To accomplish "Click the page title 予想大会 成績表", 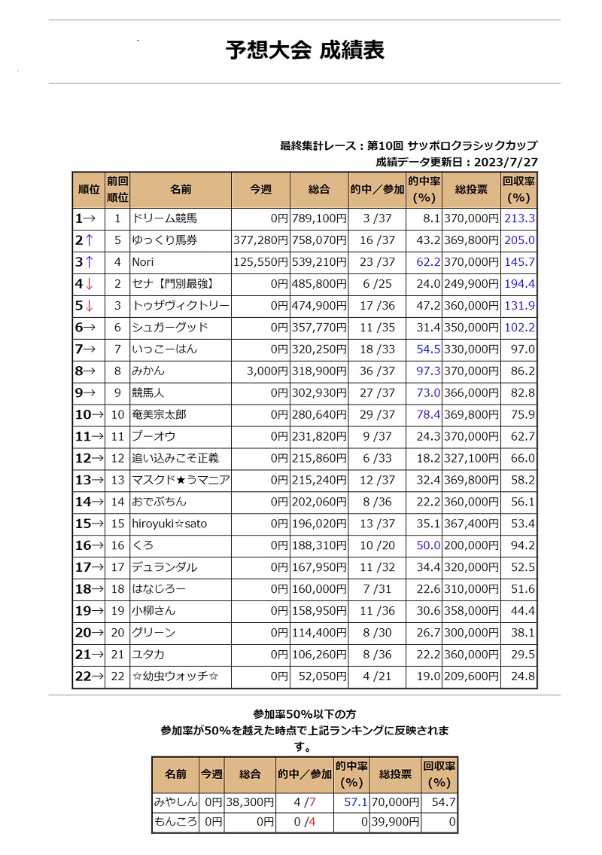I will [305, 50].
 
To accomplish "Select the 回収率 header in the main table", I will [518, 190].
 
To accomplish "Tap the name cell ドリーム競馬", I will [165, 219].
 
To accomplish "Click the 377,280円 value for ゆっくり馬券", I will [261, 241].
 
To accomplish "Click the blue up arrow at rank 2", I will [90, 241].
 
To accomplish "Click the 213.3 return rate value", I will [520, 219].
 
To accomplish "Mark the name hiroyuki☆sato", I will [169, 524].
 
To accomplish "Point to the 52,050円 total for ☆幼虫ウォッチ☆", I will [321, 676].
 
